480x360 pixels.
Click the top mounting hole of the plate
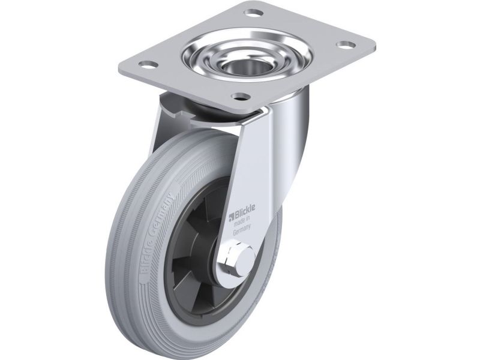(254, 13)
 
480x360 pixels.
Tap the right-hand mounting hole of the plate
(346, 44)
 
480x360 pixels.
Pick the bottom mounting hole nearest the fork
(241, 97)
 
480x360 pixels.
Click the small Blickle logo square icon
(232, 218)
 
